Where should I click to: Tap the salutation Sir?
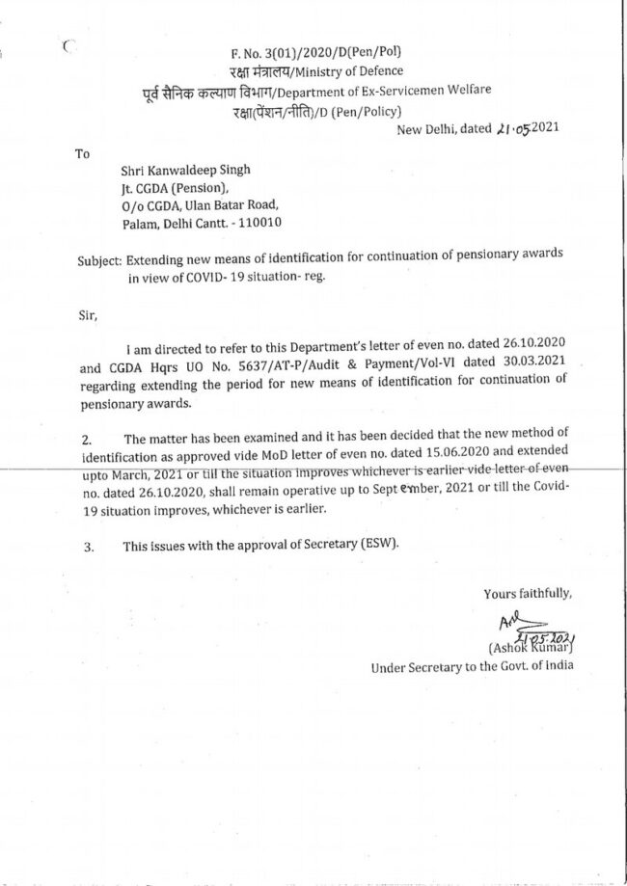[86, 313]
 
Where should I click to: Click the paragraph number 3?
[88, 547]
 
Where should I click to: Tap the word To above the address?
[83, 152]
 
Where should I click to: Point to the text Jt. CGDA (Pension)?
[171, 188]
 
